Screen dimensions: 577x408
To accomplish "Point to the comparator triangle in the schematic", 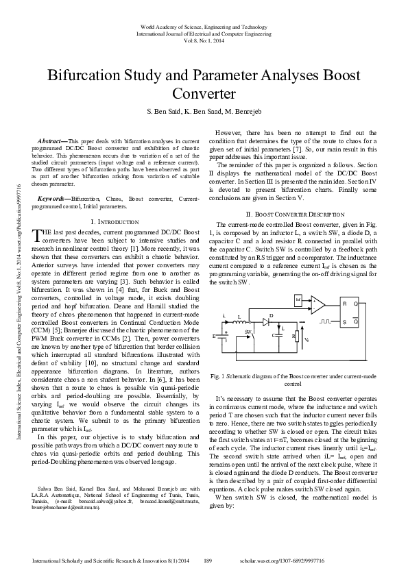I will pos(318,303).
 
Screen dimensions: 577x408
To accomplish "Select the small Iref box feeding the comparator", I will pos(298,299).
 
